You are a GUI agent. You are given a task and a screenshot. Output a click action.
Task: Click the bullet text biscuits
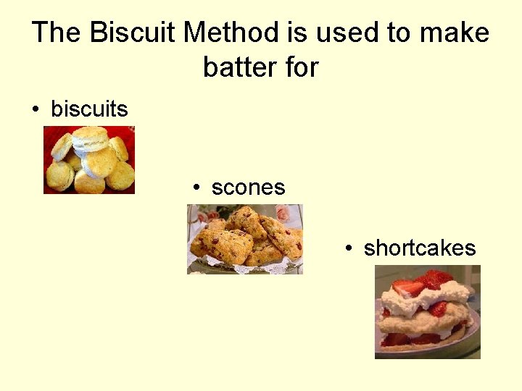[x=89, y=109]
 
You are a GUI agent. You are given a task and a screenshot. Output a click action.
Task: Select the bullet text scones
[x=248, y=188]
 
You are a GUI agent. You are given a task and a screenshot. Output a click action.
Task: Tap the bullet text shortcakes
[x=420, y=248]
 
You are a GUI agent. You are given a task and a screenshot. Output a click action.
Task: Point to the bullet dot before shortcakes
[x=349, y=249]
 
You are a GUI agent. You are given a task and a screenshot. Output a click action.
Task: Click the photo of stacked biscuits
[x=89, y=160]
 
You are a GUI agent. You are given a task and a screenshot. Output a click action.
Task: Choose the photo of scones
[x=245, y=239]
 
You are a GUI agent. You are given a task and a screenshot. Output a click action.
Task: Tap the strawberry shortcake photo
[x=427, y=311]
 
